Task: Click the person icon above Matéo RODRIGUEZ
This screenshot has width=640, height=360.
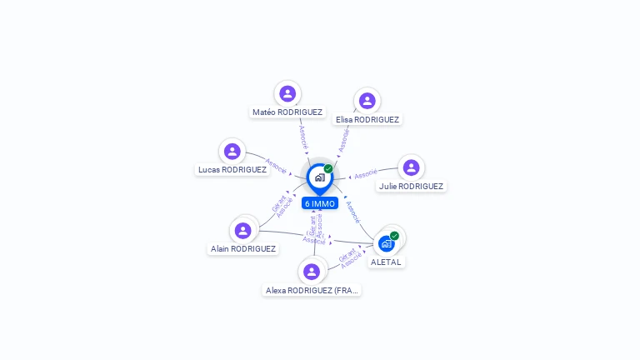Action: point(287,93)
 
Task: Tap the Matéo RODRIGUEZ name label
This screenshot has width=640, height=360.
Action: point(287,112)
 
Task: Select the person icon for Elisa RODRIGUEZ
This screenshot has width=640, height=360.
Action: point(367,101)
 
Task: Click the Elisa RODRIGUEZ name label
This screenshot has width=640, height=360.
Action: point(367,119)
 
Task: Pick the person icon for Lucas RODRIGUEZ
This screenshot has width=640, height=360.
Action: point(232,151)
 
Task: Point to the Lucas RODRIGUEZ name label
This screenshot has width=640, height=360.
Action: point(232,169)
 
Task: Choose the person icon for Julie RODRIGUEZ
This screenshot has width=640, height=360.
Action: point(411,167)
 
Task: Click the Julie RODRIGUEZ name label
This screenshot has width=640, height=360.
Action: point(411,187)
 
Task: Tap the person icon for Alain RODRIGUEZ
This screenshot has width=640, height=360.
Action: point(243,230)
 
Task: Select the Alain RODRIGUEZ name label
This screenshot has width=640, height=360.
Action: point(243,248)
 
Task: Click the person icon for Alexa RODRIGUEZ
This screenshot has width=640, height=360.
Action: point(312,272)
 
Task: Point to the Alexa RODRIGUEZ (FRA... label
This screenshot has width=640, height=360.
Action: point(312,291)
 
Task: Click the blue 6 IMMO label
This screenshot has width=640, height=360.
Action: point(320,203)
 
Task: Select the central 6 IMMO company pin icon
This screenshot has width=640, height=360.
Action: point(319,177)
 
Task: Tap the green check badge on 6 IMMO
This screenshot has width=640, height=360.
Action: point(328,169)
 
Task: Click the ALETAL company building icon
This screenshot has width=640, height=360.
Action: point(386,243)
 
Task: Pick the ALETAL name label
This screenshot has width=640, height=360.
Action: point(386,262)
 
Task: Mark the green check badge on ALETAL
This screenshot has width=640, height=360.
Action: point(394,236)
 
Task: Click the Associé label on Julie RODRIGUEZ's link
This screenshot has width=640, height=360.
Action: point(366,175)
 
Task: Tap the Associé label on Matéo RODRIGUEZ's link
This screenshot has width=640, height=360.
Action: point(303,137)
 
